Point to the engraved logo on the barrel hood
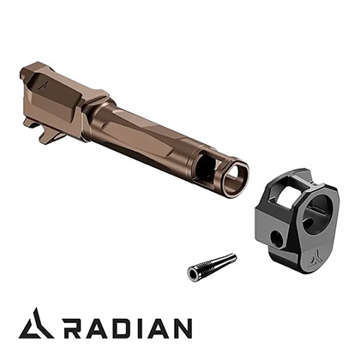tap(43, 85)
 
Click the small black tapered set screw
tap(212, 266)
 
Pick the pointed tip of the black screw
tap(233, 257)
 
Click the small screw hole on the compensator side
tap(276, 237)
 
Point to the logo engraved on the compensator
tap(315, 255)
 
